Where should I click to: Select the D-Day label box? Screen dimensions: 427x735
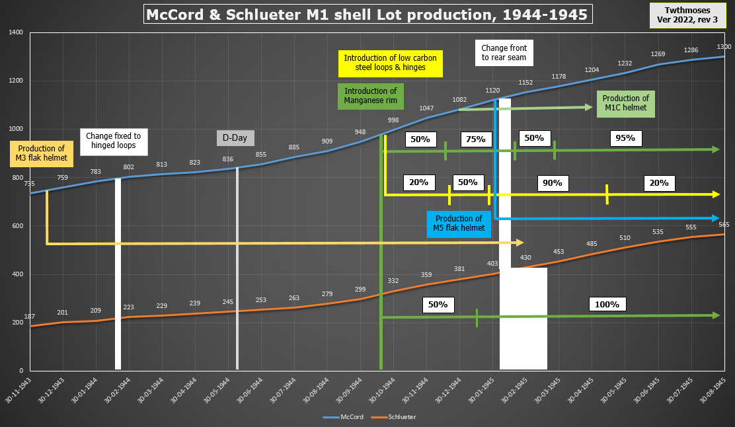click(x=235, y=138)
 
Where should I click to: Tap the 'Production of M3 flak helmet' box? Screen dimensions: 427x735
click(x=42, y=153)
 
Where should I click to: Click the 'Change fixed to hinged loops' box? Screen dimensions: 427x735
click(x=113, y=141)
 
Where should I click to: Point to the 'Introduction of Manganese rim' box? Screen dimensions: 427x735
click(x=370, y=96)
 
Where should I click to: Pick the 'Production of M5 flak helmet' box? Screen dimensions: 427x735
click(x=459, y=223)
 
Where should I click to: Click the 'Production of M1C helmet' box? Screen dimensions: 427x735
click(x=625, y=104)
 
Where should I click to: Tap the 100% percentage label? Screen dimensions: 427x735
click(x=607, y=305)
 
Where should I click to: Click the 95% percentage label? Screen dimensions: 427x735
click(x=625, y=138)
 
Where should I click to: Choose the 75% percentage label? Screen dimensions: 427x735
click(x=475, y=139)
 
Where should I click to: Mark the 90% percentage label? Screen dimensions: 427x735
click(x=552, y=182)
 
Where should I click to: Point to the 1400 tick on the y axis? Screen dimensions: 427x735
click(x=15, y=32)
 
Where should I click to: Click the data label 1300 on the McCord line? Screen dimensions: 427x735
click(x=724, y=46)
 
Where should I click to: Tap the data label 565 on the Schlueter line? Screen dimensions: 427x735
click(x=724, y=225)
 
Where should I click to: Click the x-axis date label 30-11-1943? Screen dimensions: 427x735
click(x=24, y=391)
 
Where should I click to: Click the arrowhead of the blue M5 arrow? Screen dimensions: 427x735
click(x=716, y=218)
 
